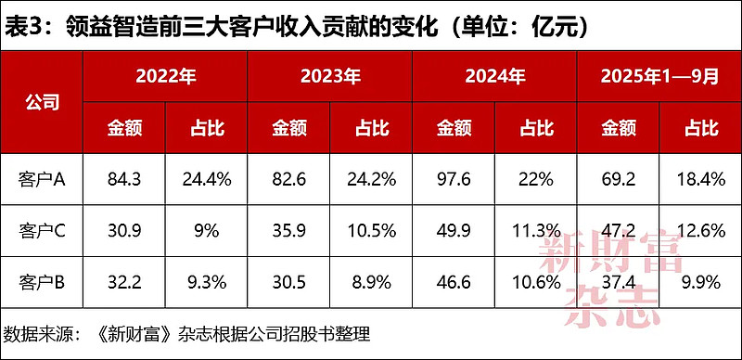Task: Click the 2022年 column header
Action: point(165,77)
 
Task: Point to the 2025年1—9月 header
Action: point(659,77)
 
